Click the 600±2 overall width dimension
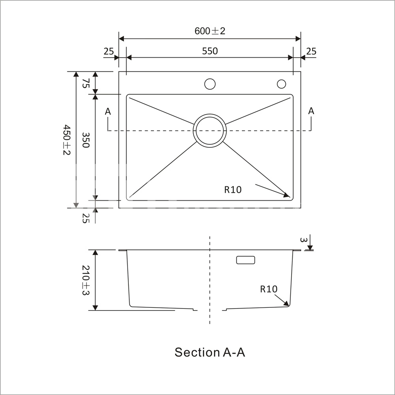coord(210,31)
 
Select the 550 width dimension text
coord(210,51)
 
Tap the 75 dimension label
coord(86,83)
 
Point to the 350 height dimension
coord(86,140)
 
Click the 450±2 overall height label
coord(66,139)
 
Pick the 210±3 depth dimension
coord(86,280)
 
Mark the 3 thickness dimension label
coord(303,240)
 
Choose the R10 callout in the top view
coord(233,190)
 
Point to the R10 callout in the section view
coord(269,289)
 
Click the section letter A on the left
coord(108,111)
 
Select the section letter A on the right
coord(311,111)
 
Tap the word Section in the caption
coord(197,352)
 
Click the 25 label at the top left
coord(109,51)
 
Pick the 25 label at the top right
coord(311,51)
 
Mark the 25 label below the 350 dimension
coord(86,218)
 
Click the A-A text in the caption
coord(234,352)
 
